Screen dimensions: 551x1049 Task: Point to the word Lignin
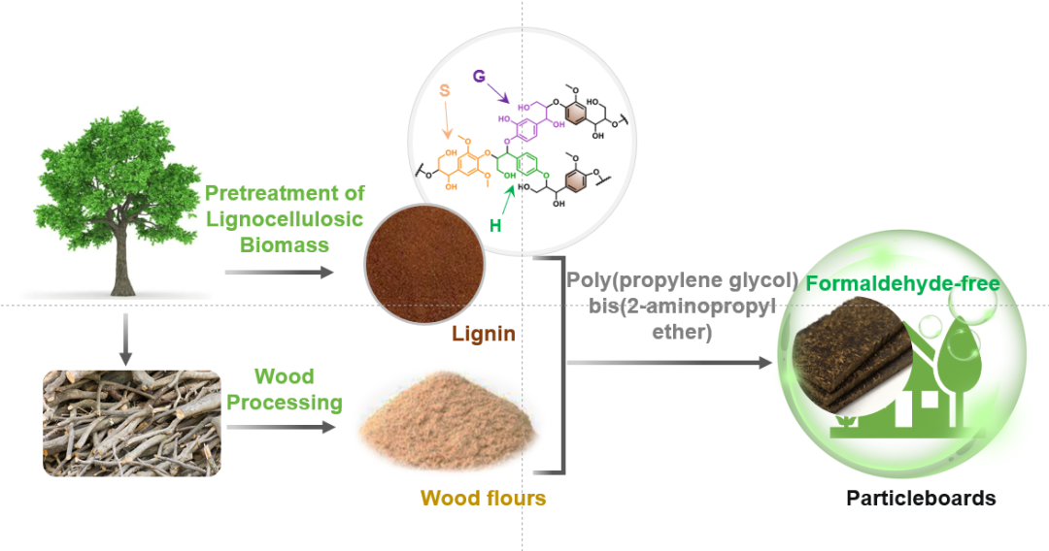coord(483,335)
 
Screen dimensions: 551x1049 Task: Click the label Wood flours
coord(483,499)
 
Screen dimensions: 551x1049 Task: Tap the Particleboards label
coord(921,499)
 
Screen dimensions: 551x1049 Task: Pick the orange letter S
coord(445,89)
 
